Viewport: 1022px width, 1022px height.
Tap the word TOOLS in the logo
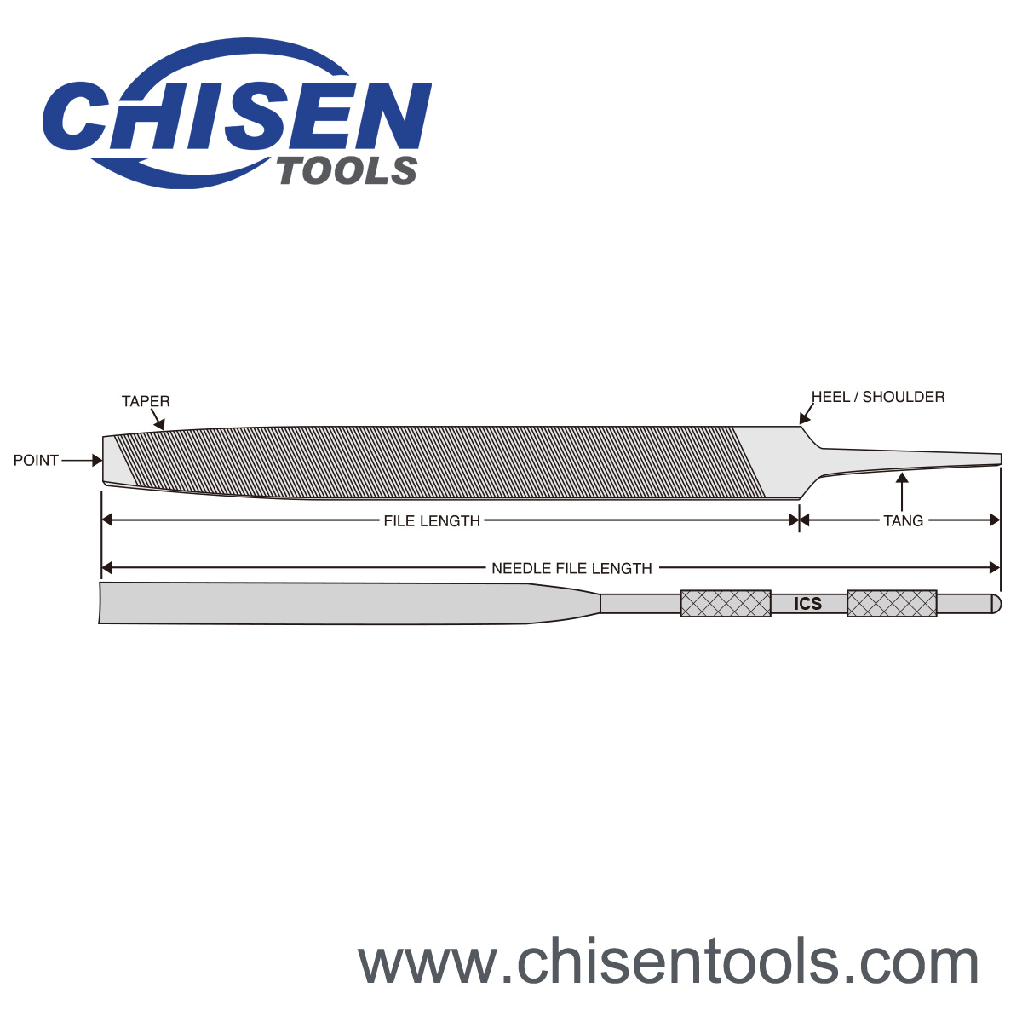[347, 171]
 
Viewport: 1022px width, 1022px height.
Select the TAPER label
[146, 401]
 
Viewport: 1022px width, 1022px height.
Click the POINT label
[36, 460]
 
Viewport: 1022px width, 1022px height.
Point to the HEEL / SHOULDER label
[878, 397]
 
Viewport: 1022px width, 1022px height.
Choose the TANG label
[903, 520]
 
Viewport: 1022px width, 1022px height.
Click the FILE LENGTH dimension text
[432, 520]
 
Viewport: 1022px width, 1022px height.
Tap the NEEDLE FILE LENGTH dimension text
[571, 568]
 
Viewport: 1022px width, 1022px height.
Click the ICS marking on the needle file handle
[807, 604]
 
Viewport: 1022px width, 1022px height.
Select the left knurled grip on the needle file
[726, 603]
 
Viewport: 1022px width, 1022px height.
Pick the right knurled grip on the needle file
[892, 603]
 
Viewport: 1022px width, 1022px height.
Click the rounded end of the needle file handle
[997, 603]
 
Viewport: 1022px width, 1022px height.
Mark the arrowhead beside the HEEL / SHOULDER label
[803, 417]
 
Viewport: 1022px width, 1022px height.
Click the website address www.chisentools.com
[669, 962]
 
